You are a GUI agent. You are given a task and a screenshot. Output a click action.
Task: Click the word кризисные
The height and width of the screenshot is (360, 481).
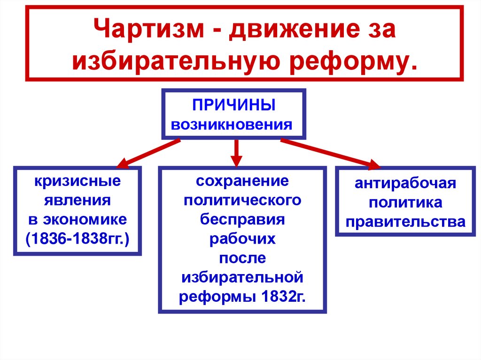point(77,181)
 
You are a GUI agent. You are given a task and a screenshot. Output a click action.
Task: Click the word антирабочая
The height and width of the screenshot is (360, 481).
point(405,183)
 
